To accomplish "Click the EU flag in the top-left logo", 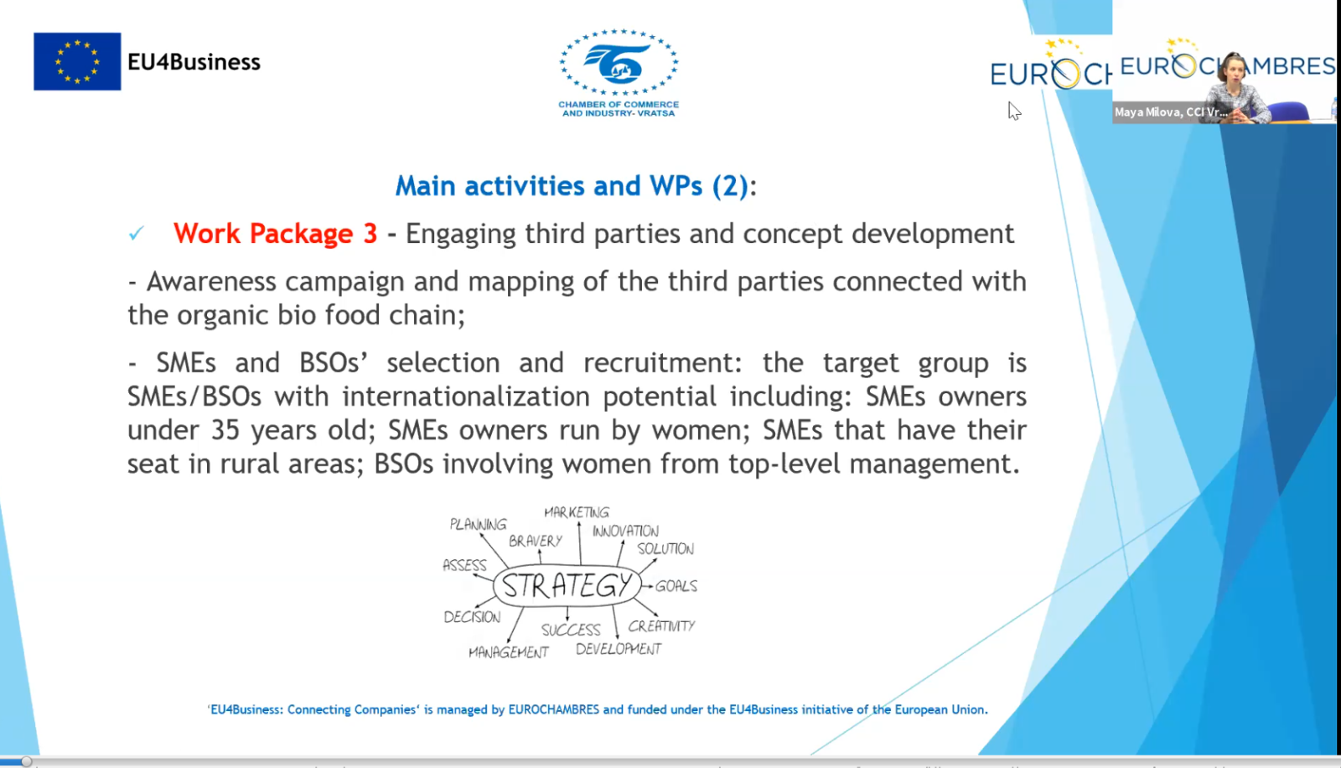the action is [77, 61].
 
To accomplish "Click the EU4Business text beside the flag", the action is [194, 62].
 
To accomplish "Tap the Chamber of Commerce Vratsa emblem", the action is [619, 62].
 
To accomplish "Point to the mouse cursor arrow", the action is [1014, 111].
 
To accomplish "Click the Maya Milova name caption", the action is [1171, 112].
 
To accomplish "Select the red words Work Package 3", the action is [276, 233].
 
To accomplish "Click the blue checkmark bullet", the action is [137, 232].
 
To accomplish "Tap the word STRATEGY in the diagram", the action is [567, 585].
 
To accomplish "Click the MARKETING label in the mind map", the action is [577, 512].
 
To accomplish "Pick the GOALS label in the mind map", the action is [676, 586].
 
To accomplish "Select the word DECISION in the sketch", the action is [472, 617].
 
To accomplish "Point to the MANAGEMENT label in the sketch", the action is [508, 651].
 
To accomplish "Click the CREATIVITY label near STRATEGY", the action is [661, 626].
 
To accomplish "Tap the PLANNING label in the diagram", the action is [478, 524].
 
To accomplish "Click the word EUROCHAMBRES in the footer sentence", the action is [554, 709].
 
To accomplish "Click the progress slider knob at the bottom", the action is [26, 761].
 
